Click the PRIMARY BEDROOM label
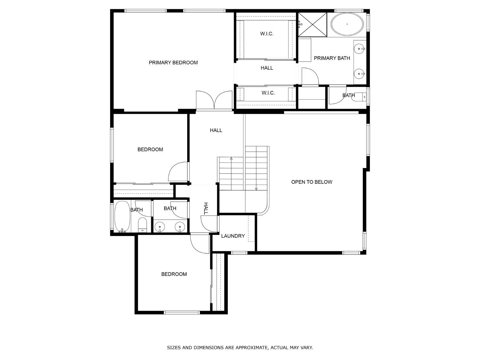click(x=173, y=62)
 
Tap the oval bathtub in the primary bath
click(x=347, y=24)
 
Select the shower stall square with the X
click(x=313, y=24)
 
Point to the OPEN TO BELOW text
click(x=311, y=182)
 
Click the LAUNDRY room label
click(x=233, y=236)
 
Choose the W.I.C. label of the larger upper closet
click(x=267, y=34)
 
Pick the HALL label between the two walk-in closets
click(x=267, y=68)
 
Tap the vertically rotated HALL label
click(x=206, y=208)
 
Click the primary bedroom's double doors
click(x=214, y=100)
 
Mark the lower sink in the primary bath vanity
click(x=359, y=74)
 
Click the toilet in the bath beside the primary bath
click(x=359, y=97)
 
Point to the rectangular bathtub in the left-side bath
click(x=122, y=216)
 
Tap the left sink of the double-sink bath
click(x=160, y=227)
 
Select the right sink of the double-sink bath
click(x=180, y=227)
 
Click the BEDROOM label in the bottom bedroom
click(x=174, y=274)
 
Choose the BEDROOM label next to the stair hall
click(x=150, y=149)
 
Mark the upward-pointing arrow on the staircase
click(x=231, y=158)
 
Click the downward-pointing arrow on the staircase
click(x=256, y=189)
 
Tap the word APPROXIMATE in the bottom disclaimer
click(x=251, y=347)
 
